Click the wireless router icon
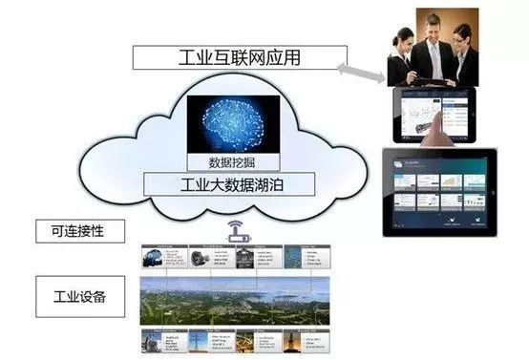click(233, 231)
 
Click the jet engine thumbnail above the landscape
click(200, 257)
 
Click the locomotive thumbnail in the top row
click(153, 257)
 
